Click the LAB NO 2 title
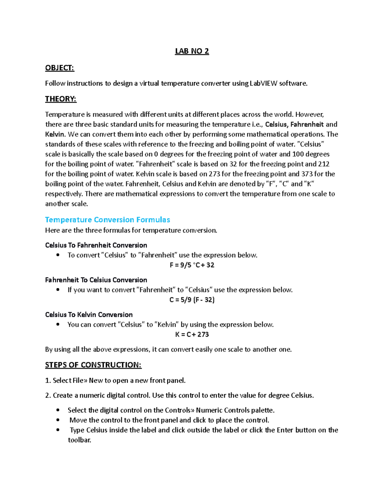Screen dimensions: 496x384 pos(192,51)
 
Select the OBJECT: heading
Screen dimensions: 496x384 pos(60,68)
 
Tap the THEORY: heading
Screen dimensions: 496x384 pos(61,99)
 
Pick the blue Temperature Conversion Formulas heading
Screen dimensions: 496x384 pos(108,220)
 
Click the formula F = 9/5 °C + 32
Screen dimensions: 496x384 pos(192,265)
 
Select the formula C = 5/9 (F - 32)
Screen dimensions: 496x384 pos(192,300)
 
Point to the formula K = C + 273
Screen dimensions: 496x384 pos(192,334)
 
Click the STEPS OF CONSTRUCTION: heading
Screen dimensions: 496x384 pos(93,365)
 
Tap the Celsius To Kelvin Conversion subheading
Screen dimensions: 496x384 pos(89,315)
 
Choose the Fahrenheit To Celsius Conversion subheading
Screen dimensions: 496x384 pos(96,280)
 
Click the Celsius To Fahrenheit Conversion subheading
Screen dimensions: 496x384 pos(96,245)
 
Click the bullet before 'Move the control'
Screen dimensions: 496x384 pos(58,420)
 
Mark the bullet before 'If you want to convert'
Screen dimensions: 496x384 pos(58,290)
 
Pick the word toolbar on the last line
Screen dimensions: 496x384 pos(79,440)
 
